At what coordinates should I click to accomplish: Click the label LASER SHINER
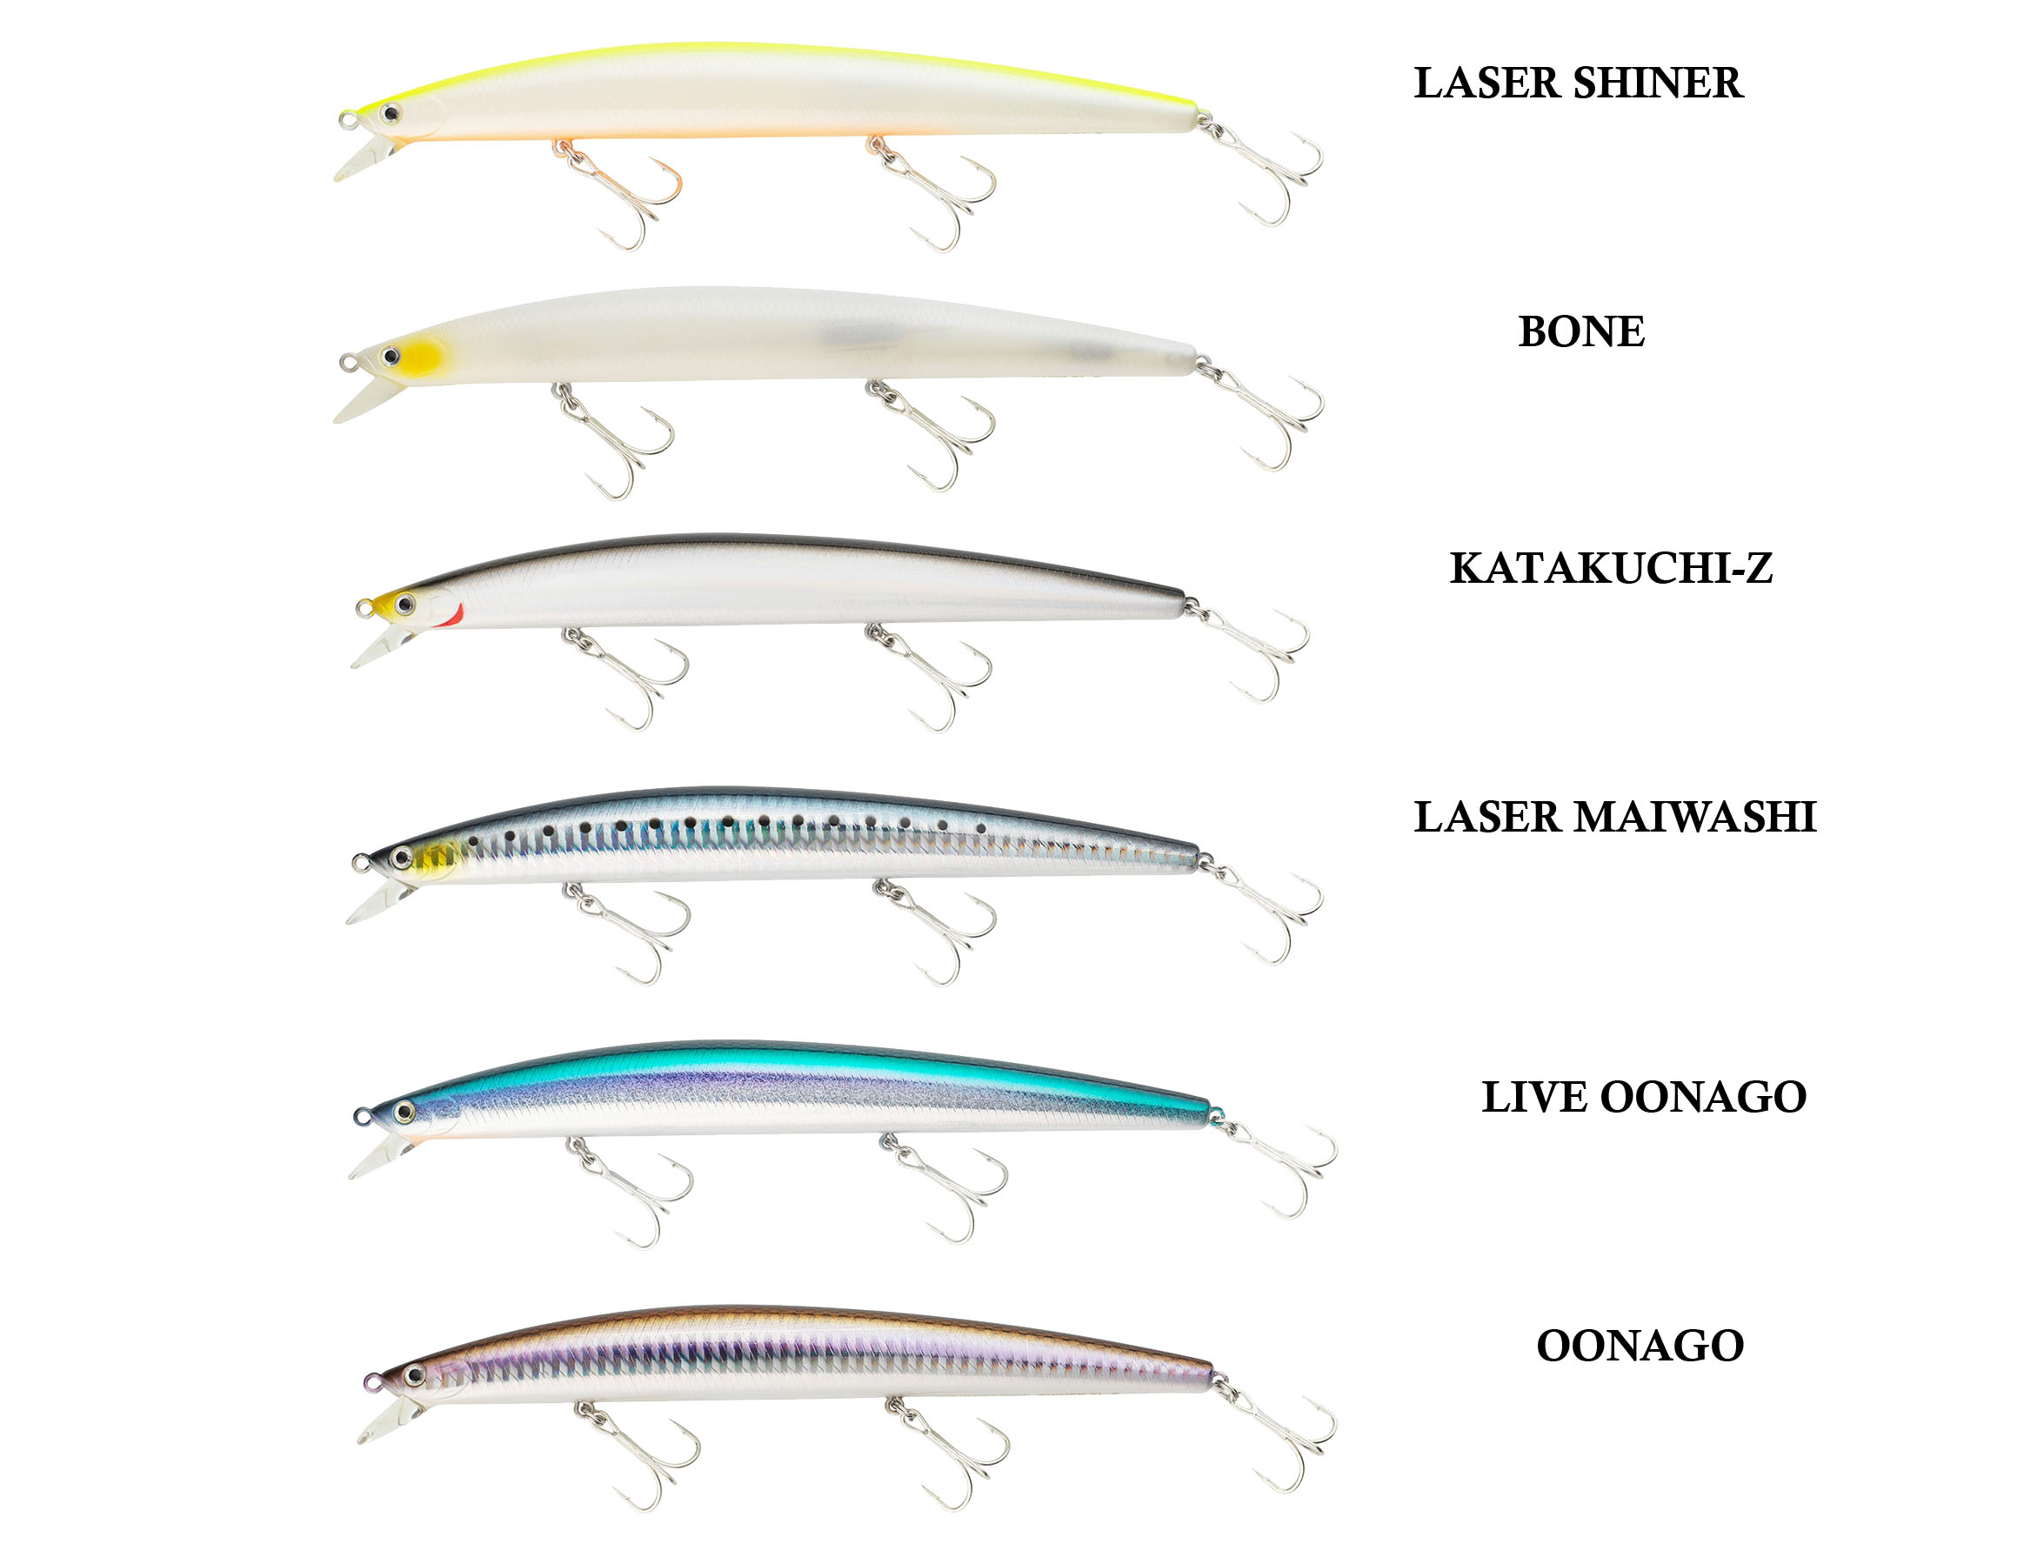(x=1577, y=84)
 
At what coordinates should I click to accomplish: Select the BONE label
(x=1581, y=331)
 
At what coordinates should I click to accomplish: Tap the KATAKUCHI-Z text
(x=1611, y=568)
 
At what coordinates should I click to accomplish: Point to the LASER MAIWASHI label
(x=1614, y=817)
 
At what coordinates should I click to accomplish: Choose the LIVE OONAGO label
(x=1643, y=1097)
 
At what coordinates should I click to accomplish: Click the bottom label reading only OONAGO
(x=1640, y=1346)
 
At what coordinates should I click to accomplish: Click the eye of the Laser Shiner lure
(x=391, y=114)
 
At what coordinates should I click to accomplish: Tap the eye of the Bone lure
(x=391, y=356)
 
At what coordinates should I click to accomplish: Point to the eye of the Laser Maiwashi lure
(x=401, y=859)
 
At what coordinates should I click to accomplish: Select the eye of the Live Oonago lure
(x=403, y=1112)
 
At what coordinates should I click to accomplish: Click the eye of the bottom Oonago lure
(x=414, y=1376)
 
